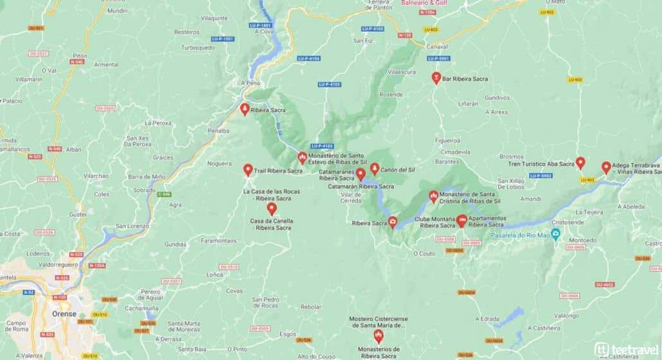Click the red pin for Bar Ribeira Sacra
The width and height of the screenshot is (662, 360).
point(436,78)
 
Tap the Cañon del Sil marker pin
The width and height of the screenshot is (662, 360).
point(375,169)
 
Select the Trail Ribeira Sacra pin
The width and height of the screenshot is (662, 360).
point(248,170)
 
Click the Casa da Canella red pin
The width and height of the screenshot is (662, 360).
point(272,208)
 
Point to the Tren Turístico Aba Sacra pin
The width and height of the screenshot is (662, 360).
point(580,163)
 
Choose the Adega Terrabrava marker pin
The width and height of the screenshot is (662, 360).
point(606,167)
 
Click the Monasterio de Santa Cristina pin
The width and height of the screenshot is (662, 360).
point(433,195)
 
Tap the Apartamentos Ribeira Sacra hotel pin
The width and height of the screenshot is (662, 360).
point(462,221)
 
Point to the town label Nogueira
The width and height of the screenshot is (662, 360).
point(220,164)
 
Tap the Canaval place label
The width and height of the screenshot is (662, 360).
point(436,47)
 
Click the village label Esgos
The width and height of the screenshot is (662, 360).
point(288,334)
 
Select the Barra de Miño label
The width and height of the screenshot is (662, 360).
point(147,177)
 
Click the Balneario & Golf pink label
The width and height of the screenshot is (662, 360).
point(424,3)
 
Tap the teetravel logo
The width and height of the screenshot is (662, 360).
point(625,347)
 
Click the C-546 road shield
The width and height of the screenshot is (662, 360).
point(165,194)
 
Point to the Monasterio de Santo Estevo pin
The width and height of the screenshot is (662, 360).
point(302,157)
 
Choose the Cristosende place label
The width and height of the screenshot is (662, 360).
point(568,222)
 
